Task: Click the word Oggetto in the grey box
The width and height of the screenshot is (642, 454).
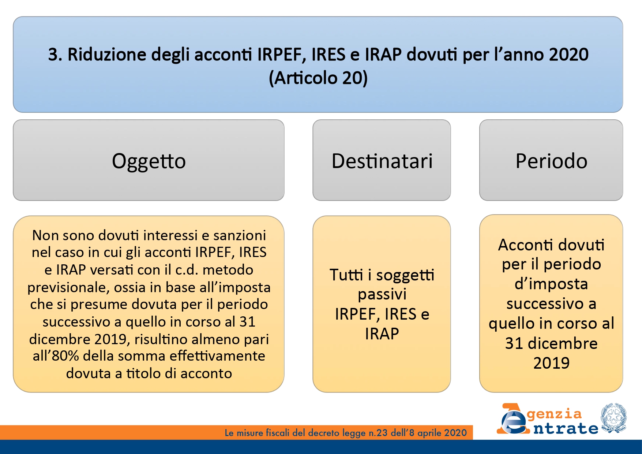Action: pos(149,161)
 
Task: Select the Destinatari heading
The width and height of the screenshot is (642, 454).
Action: pos(382,161)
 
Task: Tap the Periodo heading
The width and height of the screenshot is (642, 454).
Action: pos(551,161)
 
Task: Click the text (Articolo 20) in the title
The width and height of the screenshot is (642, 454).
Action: pos(318,78)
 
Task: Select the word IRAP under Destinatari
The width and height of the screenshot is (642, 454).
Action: pos(382,334)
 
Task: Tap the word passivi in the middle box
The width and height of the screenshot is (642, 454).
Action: pos(382,294)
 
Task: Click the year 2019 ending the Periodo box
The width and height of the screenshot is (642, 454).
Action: pos(551,363)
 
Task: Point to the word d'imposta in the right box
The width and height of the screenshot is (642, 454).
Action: pos(551,284)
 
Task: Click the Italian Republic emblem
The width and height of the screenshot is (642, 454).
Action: pos(613,418)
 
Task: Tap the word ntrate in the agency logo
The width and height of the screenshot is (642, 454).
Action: pos(566,428)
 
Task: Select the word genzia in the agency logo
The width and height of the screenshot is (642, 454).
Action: pos(554,414)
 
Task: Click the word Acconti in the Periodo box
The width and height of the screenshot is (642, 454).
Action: pos(523,245)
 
